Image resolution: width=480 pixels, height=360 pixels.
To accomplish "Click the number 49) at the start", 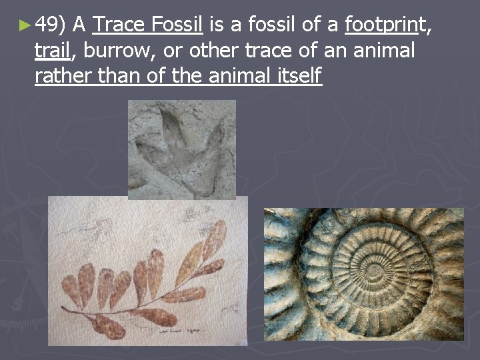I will (x=49, y=25).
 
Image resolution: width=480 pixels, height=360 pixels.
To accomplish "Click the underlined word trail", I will (x=52, y=51).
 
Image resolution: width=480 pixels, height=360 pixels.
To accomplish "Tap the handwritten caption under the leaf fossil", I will (x=182, y=330).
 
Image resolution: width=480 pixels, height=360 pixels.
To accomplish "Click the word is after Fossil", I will (x=217, y=25).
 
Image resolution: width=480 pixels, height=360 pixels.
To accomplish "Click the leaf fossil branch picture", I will (x=147, y=273).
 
